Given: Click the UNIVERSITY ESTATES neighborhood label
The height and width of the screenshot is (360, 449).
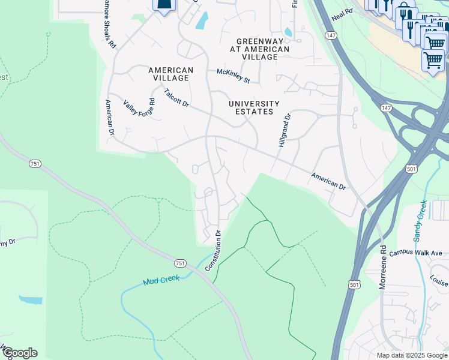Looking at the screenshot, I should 255,107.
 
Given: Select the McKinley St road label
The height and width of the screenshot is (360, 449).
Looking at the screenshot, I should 233,76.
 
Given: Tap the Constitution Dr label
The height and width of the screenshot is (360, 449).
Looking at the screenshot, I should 214,250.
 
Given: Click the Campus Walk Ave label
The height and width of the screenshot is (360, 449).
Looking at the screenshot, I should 415,253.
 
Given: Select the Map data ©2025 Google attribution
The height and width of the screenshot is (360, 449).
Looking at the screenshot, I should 411,355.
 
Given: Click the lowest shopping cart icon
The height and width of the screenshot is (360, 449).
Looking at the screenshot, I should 432,60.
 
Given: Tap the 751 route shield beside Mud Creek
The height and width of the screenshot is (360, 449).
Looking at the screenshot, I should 180,263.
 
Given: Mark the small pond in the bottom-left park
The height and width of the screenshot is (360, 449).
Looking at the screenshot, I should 30,299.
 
